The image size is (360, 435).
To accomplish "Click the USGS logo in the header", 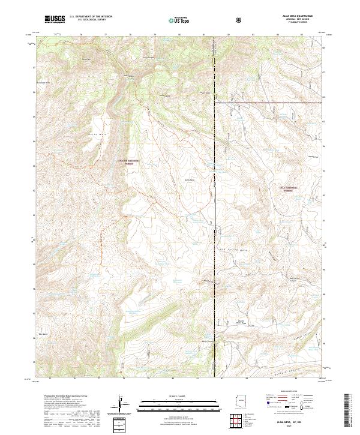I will tap(55, 19).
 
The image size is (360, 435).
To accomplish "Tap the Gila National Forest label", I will tap(291, 188).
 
